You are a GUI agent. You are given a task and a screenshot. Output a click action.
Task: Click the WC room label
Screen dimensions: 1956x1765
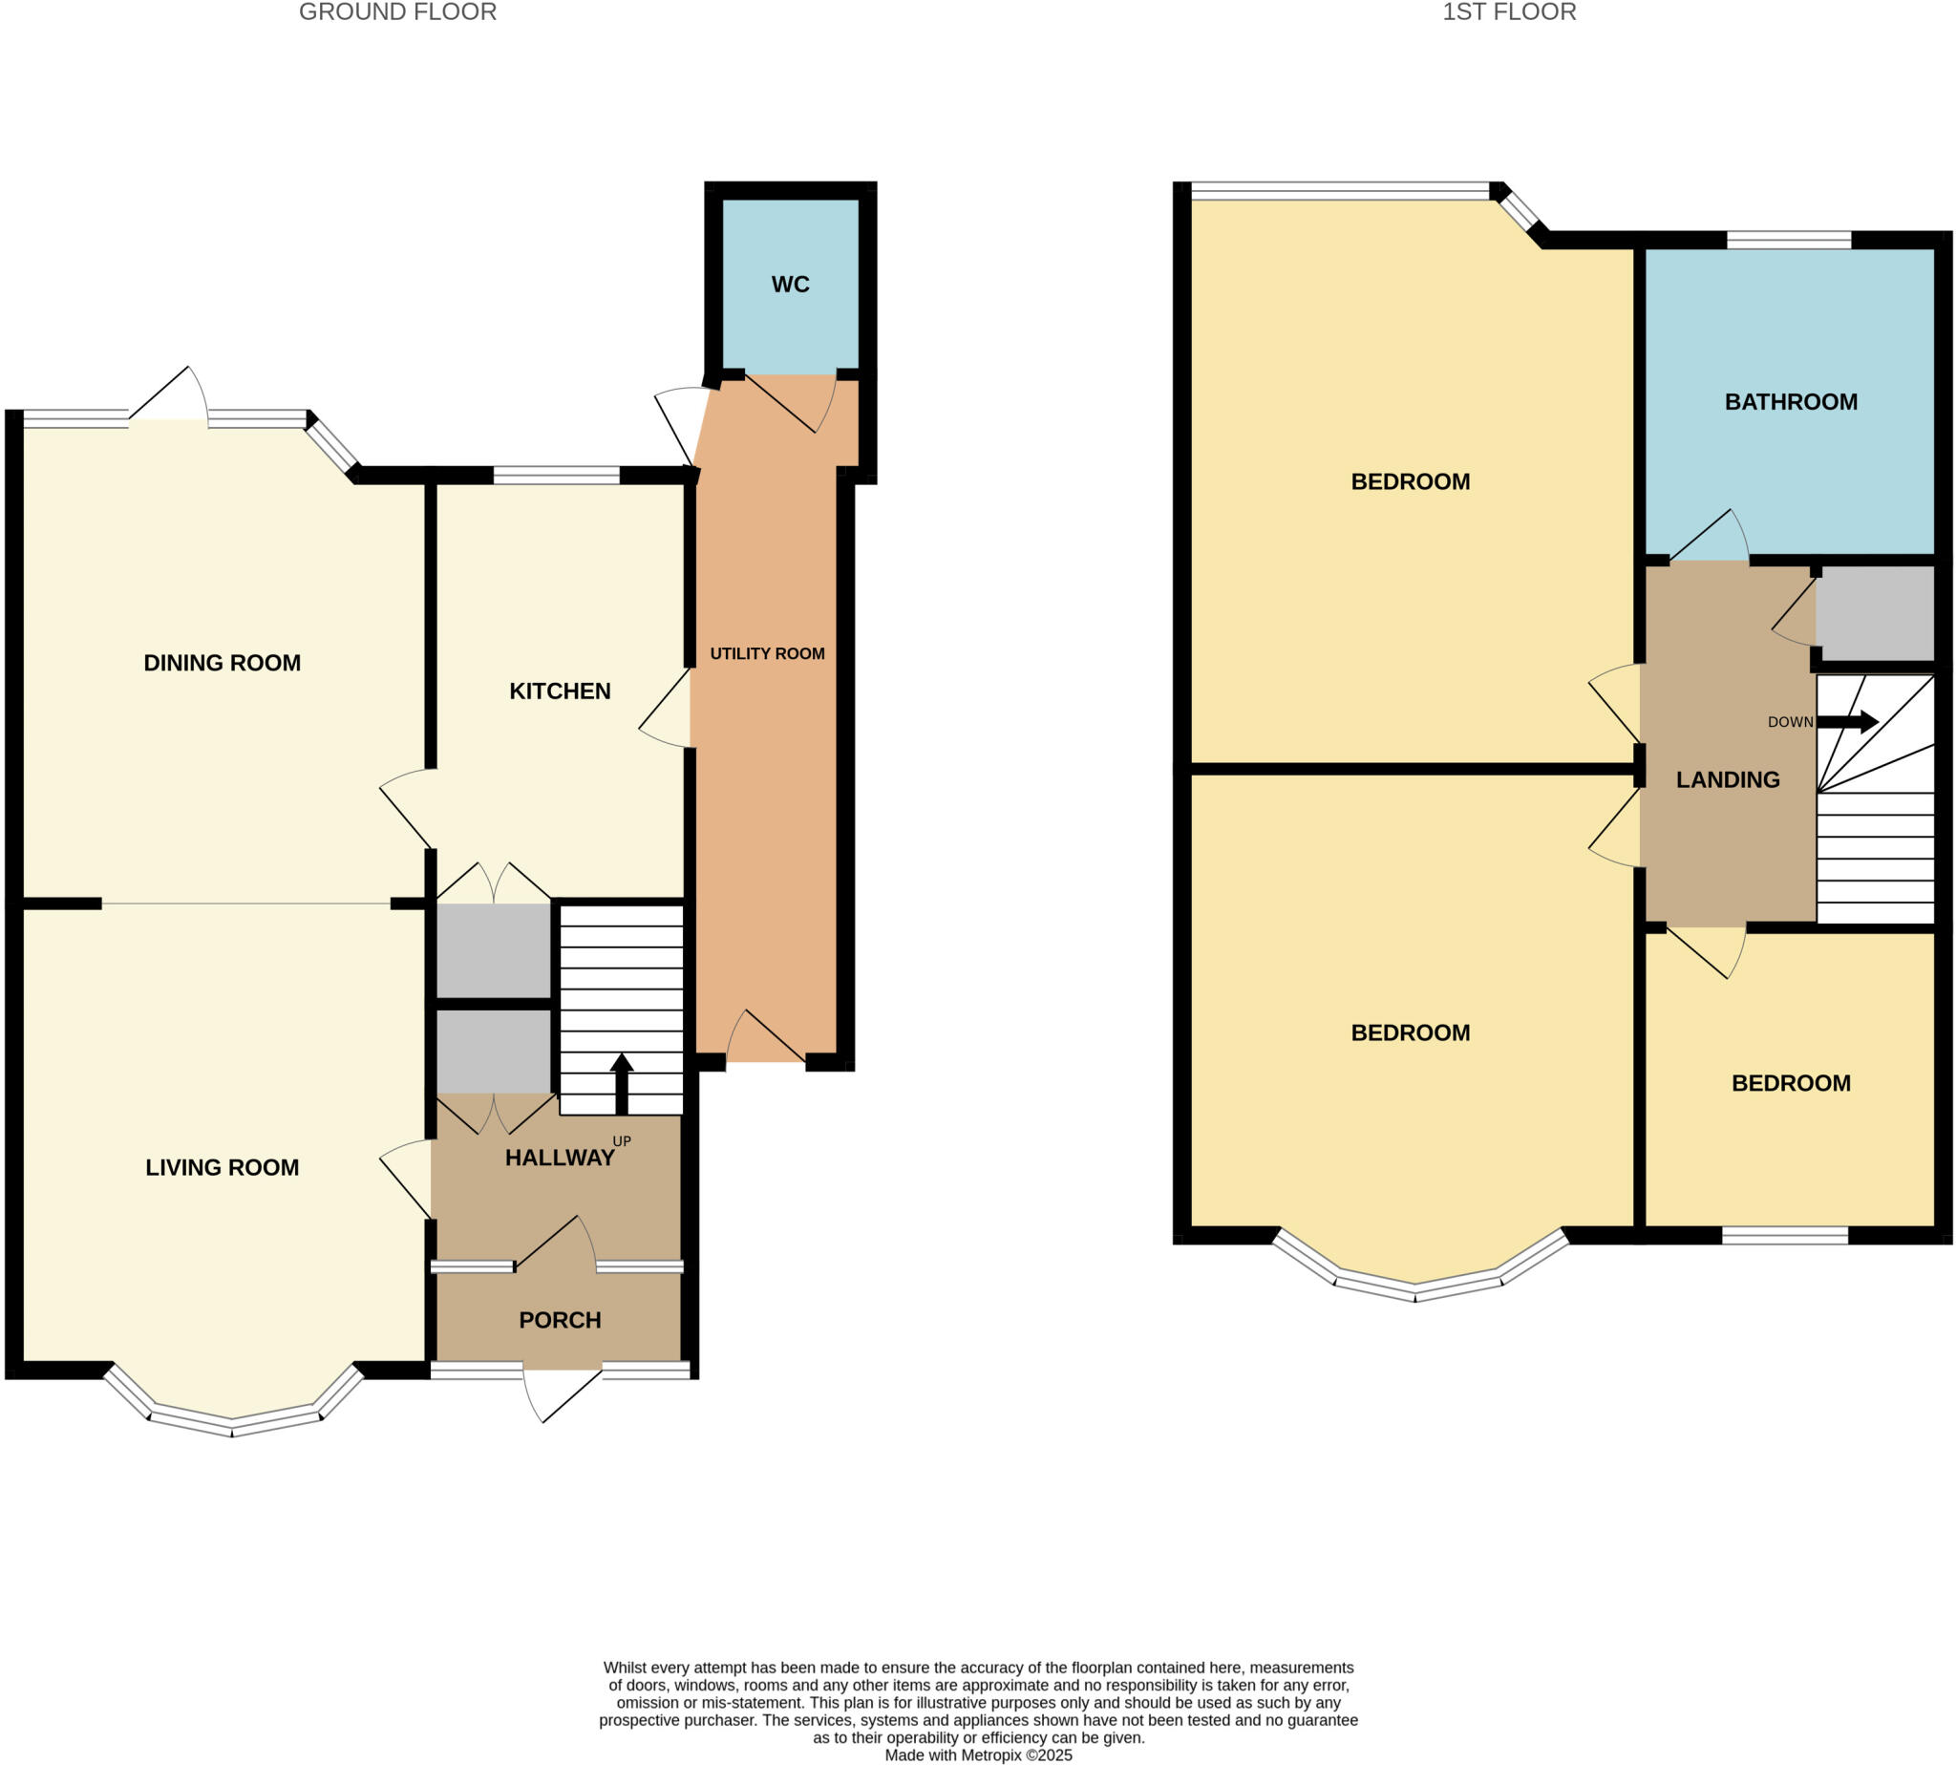[x=790, y=285]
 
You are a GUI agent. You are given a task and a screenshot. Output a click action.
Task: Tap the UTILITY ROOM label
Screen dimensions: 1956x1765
[x=767, y=653]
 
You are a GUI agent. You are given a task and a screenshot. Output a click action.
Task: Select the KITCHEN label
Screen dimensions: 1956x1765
[x=560, y=691]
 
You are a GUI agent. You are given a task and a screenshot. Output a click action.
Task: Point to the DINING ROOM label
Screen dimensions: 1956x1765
[x=223, y=664]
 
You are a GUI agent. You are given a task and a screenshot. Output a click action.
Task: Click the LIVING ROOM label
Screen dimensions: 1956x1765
[x=223, y=1168]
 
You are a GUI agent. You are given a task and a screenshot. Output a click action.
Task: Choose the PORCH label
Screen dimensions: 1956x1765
[x=560, y=1320]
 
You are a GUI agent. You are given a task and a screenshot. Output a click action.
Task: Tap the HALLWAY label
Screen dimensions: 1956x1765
[x=560, y=1158]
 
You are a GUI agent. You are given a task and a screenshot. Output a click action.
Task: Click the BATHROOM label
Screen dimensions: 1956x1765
[x=1790, y=402]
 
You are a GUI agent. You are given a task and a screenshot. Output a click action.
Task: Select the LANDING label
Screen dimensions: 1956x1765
[x=1727, y=779]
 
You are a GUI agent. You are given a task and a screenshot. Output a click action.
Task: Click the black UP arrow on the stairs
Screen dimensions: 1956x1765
[x=622, y=1084]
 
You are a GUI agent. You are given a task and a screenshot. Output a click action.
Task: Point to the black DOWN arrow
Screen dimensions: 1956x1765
[x=1846, y=721]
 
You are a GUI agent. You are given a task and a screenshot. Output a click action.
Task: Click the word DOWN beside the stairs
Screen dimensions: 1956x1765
[x=1789, y=722]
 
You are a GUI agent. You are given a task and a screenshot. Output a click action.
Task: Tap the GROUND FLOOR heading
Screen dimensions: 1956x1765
[x=397, y=11]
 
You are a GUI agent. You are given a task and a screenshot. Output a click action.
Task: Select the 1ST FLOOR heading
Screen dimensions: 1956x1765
[x=1509, y=11]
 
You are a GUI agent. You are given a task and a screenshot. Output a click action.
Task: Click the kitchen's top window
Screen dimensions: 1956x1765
[x=557, y=476]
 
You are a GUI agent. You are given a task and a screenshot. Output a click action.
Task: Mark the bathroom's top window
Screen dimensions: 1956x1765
[x=1788, y=240]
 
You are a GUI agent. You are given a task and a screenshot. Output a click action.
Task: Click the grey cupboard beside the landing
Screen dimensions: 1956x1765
[x=1875, y=613]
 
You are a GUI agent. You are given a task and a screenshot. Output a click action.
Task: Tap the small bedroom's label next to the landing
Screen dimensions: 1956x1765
[x=1790, y=1083]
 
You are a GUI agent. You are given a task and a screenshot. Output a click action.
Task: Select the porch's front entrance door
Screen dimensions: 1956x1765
[x=563, y=1393]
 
